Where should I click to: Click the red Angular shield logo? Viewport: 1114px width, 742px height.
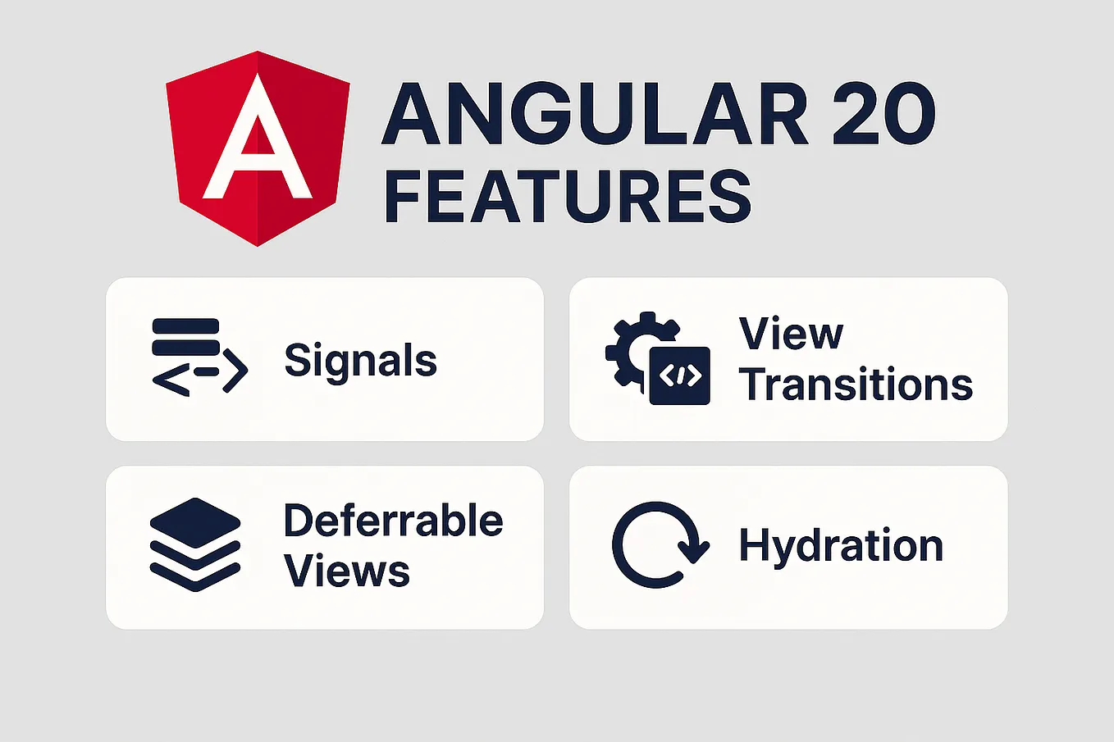point(258,148)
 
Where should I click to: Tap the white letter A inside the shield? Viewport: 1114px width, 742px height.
point(258,139)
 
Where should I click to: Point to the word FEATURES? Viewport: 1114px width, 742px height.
point(568,197)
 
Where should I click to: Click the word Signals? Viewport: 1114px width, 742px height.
point(360,361)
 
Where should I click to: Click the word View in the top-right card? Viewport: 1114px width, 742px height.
point(791,334)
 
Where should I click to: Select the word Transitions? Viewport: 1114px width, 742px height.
point(856,385)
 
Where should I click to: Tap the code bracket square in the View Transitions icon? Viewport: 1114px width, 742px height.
point(680,376)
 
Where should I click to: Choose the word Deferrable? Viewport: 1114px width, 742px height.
point(393,521)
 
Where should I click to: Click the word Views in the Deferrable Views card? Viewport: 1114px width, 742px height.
point(346,571)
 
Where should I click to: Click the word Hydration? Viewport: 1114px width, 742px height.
point(841,546)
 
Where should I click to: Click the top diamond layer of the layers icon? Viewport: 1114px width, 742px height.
point(195,522)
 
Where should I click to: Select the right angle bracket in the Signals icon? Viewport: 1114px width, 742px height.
point(235,371)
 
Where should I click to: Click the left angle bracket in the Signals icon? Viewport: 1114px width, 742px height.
point(170,380)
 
